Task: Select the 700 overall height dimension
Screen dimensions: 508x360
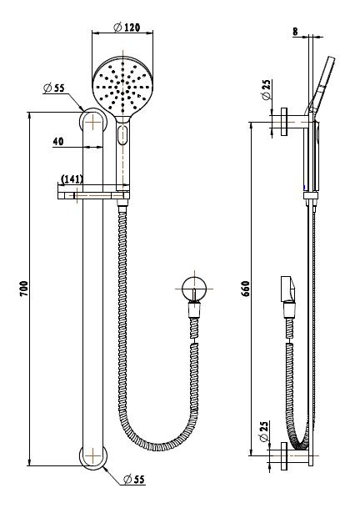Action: [24, 289]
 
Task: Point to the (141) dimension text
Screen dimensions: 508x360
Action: [72, 179]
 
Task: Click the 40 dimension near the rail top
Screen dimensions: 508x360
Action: [58, 142]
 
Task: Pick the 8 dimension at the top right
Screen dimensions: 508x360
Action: [295, 32]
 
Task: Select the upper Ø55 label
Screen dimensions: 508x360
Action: [53, 88]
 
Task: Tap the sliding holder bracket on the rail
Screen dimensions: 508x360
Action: [93, 196]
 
